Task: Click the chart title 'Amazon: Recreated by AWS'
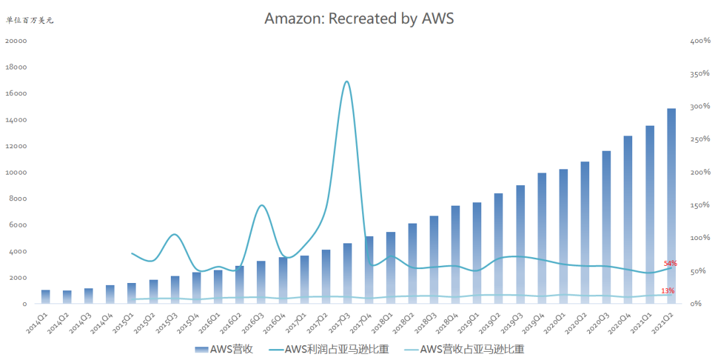tap(359, 19)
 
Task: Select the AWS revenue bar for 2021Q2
tap(671, 206)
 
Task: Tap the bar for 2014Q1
tap(46, 296)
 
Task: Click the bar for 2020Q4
tap(628, 220)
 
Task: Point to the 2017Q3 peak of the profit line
tap(347, 81)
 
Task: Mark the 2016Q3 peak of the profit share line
tap(262, 206)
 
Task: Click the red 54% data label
tap(670, 263)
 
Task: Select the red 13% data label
tap(667, 290)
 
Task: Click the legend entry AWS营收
tap(224, 349)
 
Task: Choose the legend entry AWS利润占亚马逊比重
tap(329, 349)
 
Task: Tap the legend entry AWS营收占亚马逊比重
tap(464, 349)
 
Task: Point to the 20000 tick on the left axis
tap(16, 40)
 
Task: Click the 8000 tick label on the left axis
tap(19, 198)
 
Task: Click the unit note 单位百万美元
tap(30, 20)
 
